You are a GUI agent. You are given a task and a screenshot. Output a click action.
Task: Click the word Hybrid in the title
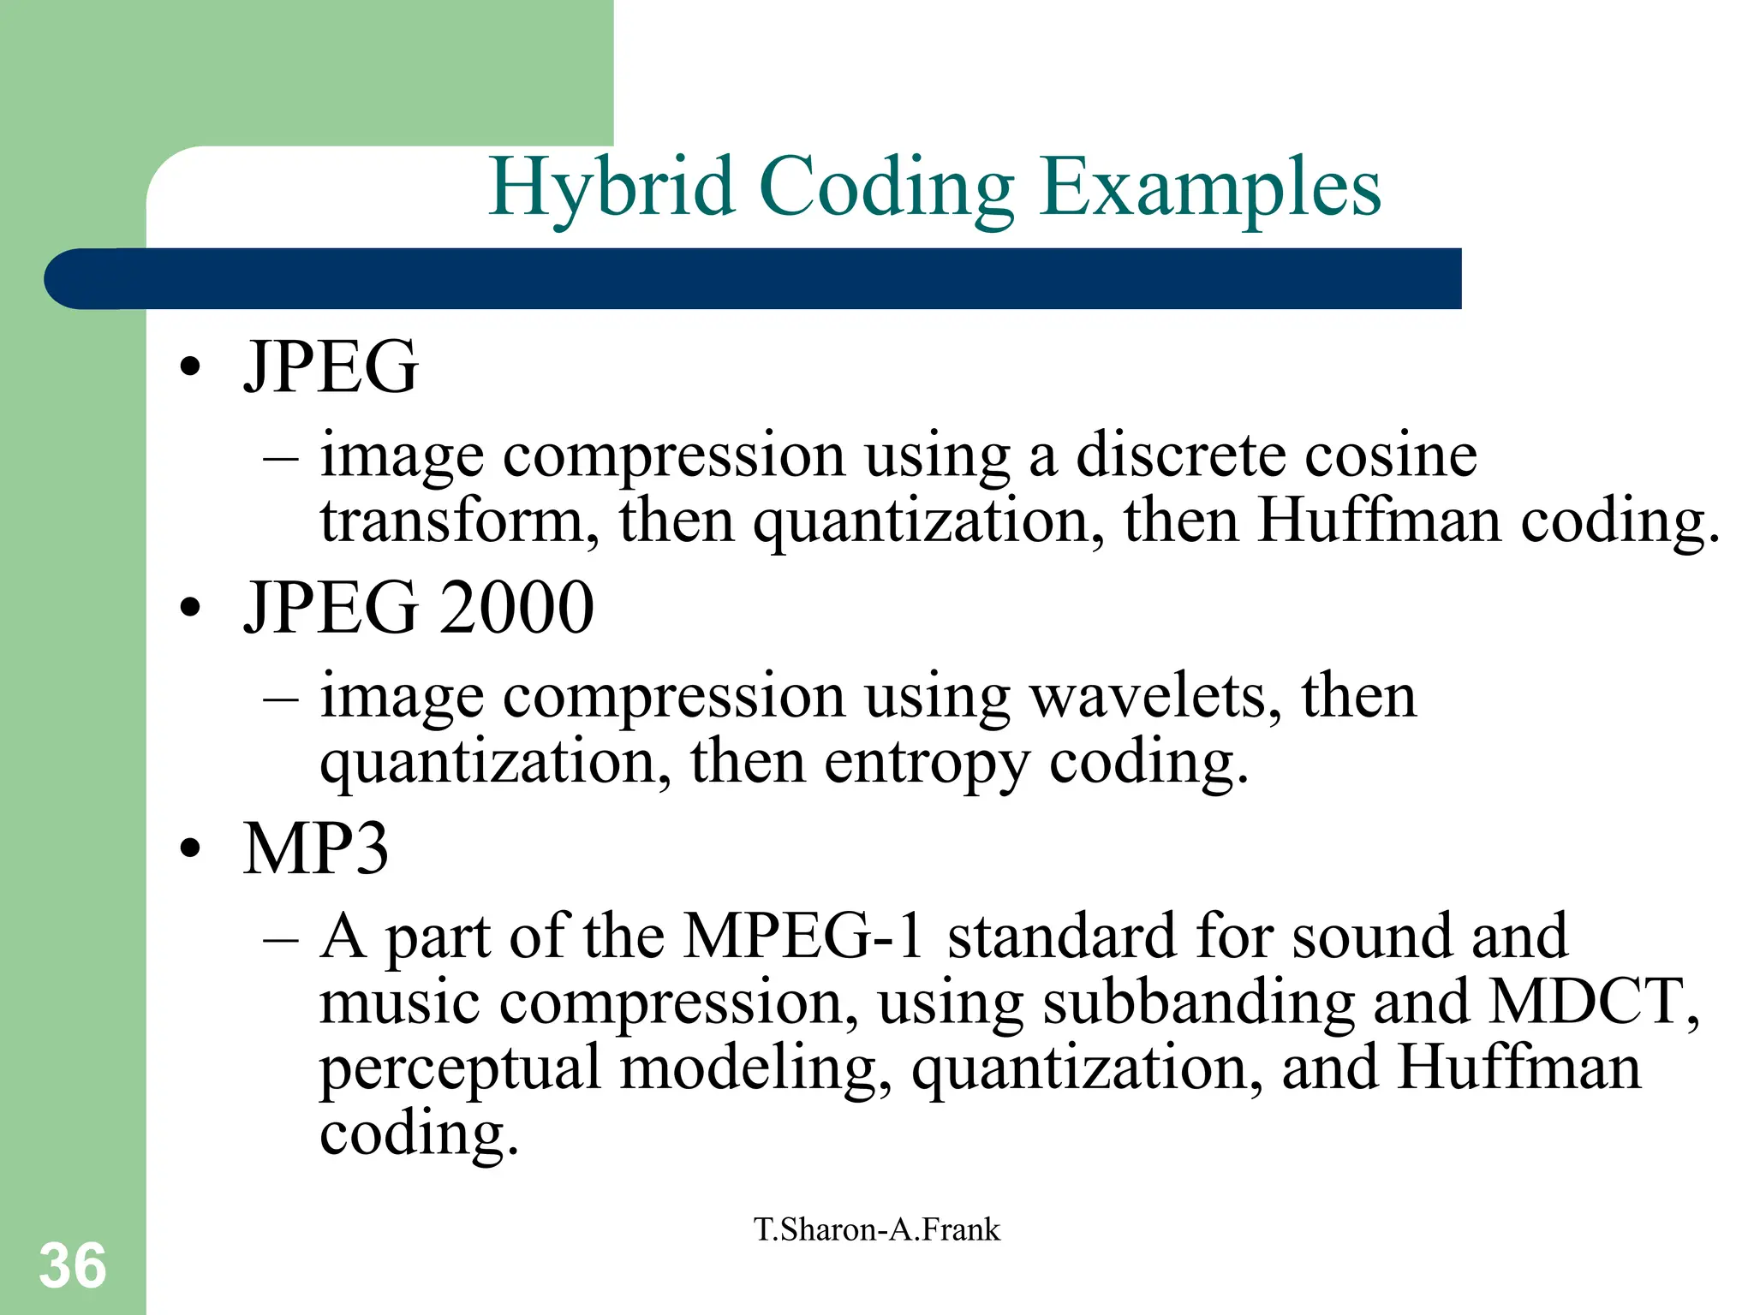tap(612, 187)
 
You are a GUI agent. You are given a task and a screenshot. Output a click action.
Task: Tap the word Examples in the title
tap(1210, 187)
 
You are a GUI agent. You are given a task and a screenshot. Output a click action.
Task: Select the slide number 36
tap(73, 1265)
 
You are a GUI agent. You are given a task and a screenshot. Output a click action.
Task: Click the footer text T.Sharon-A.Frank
tap(876, 1229)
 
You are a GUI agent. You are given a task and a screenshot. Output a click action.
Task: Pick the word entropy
tap(927, 762)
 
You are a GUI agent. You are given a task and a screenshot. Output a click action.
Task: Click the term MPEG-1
tap(804, 935)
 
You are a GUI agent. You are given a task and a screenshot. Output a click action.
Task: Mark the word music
tap(399, 1002)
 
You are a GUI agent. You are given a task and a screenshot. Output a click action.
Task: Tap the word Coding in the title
tap(886, 187)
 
